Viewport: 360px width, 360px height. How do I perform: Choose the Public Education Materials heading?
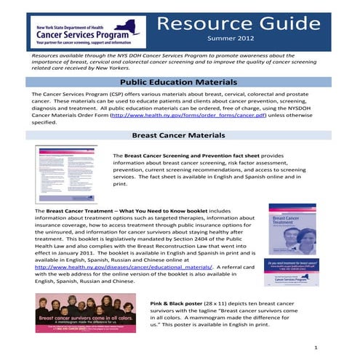[180, 83]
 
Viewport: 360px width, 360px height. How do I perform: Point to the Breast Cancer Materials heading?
[180, 135]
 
